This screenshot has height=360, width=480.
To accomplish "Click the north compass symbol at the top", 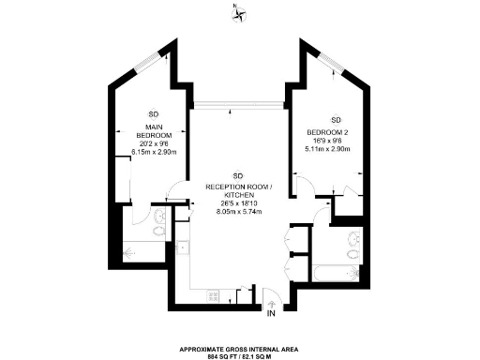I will [x=240, y=12].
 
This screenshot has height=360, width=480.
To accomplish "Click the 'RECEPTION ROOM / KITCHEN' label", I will [x=238, y=190].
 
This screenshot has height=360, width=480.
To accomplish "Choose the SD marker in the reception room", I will [x=238, y=176].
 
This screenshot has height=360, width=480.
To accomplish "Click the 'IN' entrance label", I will [x=271, y=313].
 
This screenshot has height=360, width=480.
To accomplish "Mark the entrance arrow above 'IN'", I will [x=271, y=303].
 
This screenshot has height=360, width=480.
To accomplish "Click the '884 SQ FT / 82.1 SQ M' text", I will [x=239, y=356].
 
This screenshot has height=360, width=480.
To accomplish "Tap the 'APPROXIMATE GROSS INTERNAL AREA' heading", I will [x=239, y=348].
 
